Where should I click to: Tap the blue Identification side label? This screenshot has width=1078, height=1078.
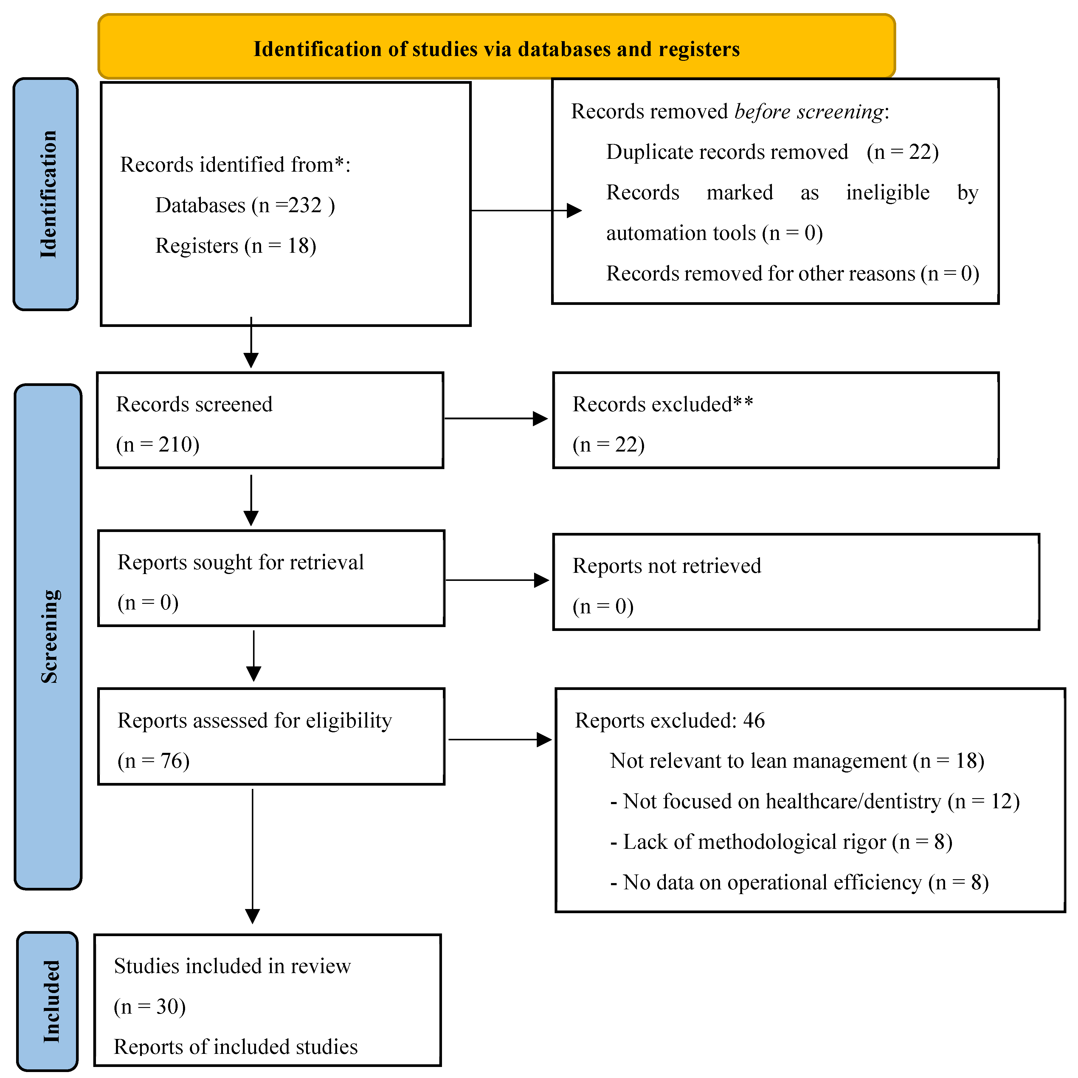(47, 194)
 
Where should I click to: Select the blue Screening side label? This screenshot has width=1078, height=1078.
(49, 636)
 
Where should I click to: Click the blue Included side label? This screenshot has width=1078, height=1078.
(50, 1002)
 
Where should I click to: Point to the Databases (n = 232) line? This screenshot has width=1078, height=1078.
(244, 205)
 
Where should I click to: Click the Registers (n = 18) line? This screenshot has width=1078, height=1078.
(235, 246)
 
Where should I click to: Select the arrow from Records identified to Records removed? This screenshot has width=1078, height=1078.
(525, 210)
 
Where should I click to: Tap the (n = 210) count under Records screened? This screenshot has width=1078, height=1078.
(158, 445)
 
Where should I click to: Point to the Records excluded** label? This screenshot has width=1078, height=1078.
(662, 404)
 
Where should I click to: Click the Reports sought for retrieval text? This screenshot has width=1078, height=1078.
(241, 562)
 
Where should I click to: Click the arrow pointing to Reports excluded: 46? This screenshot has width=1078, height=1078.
(500, 740)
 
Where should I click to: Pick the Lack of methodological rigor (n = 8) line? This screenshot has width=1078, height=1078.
(781, 842)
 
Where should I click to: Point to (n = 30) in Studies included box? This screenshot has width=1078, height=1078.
(150, 1006)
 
